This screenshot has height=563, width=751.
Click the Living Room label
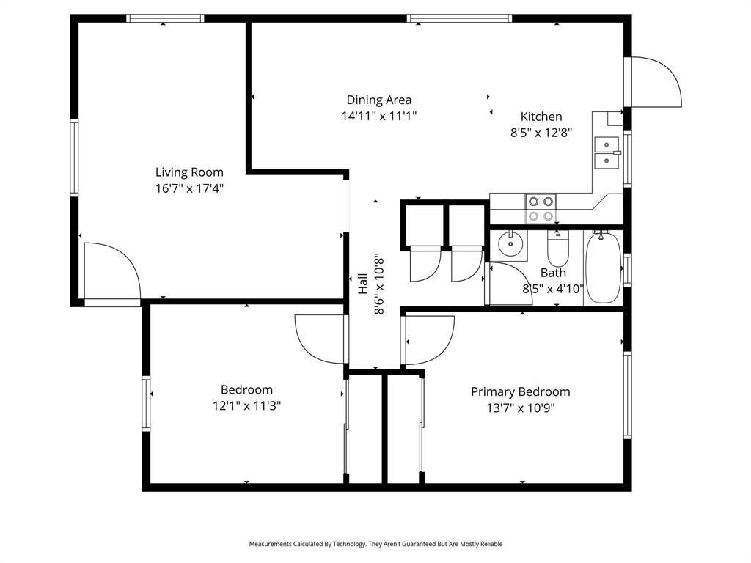pos(189,172)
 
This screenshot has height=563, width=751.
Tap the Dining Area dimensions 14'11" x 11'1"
pos(378,116)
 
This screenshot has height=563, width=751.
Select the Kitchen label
pos(541,117)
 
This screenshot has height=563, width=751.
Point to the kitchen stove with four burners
pos(541,208)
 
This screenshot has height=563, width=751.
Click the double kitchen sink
pos(607,151)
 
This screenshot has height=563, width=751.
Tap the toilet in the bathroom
pos(558,249)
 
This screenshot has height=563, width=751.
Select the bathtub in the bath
pos(603,267)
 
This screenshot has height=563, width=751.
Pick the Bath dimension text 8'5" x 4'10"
pos(553,289)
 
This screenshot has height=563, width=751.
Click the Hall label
pos(363,284)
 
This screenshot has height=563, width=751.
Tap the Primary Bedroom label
pos(520,391)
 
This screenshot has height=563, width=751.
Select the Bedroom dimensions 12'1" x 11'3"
pos(246,405)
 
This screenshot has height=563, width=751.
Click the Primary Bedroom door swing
pos(429,339)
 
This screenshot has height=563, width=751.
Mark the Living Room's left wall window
pos(74,157)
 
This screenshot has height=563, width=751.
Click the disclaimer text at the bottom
pos(375,544)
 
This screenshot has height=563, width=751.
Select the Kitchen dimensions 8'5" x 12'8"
pos(541,133)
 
